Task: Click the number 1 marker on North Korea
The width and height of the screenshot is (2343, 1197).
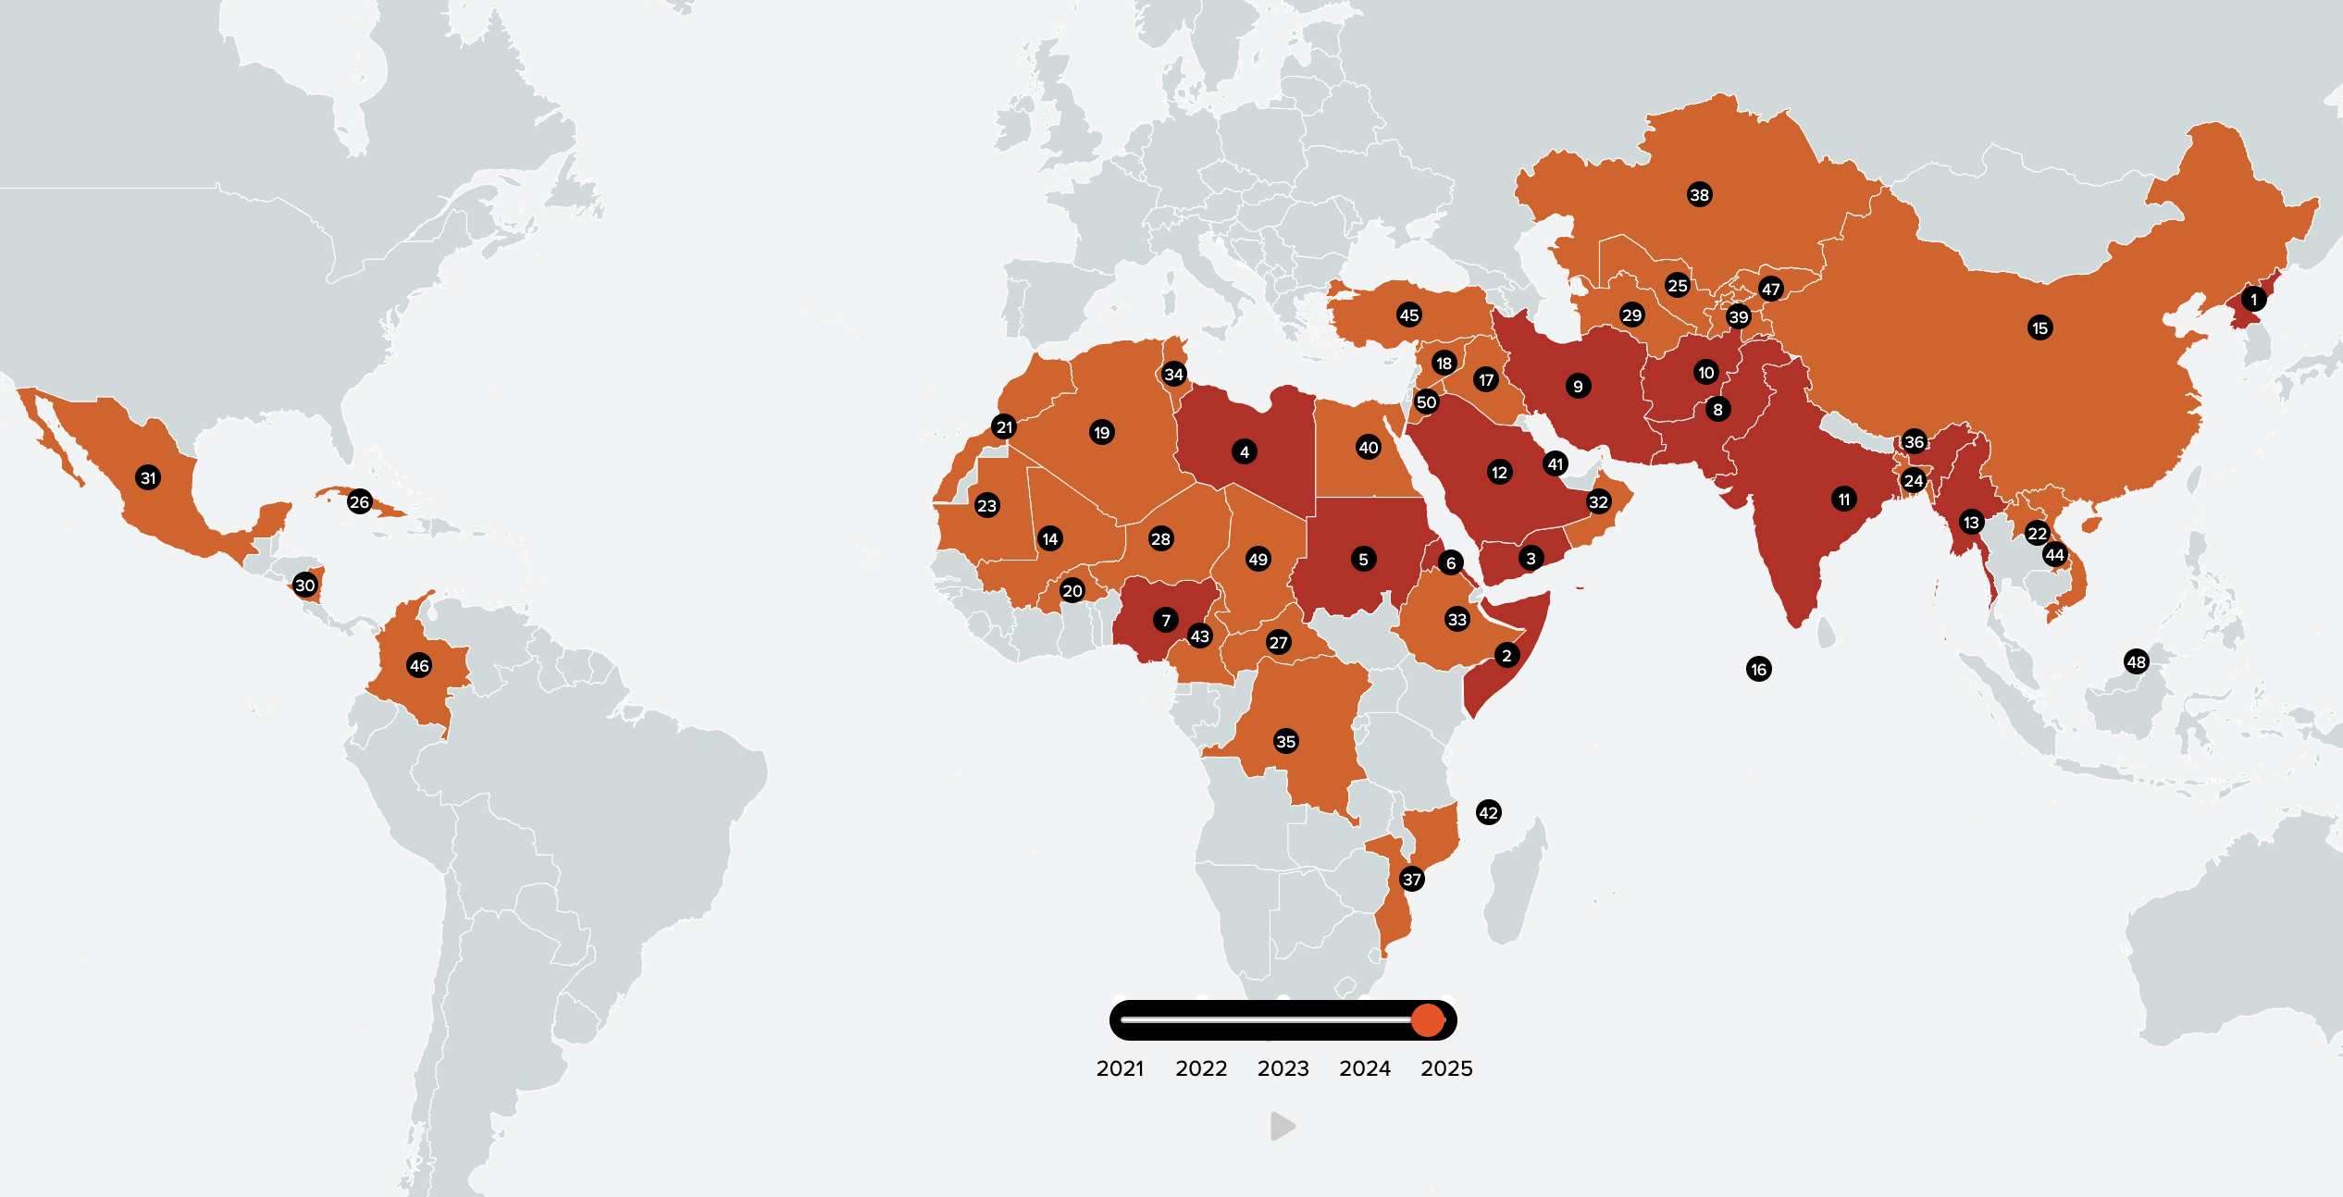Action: [x=2253, y=300]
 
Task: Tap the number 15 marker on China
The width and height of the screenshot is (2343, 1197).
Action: [x=2039, y=328]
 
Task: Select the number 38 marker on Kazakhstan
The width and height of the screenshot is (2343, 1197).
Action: [x=1699, y=195]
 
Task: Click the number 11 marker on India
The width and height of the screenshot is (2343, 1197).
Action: [x=1843, y=500]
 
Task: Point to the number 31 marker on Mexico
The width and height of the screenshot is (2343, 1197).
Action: [x=148, y=478]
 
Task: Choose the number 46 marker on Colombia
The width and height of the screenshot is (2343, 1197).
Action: [x=419, y=666]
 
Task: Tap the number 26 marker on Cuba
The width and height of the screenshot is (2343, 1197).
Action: [x=359, y=502]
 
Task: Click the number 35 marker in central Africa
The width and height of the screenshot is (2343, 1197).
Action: [x=1285, y=741]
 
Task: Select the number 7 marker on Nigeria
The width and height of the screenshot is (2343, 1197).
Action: [x=1166, y=620]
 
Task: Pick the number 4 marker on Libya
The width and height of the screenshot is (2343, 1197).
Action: [x=1244, y=452]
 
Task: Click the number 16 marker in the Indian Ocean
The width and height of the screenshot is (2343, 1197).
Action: [x=1758, y=670]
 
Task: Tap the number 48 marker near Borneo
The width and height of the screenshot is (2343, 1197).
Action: [x=2136, y=662]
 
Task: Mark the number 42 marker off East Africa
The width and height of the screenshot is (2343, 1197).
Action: [x=1488, y=813]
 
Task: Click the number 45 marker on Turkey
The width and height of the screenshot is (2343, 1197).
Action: [x=1408, y=315]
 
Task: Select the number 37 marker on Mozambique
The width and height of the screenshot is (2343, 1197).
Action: [x=1411, y=880]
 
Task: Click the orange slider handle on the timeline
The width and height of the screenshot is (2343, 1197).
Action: [x=1428, y=1020]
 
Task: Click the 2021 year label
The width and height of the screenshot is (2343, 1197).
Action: [x=1120, y=1068]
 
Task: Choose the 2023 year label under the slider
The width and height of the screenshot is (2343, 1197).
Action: [x=1283, y=1068]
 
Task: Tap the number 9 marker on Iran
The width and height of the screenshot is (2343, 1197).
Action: [x=1578, y=387]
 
